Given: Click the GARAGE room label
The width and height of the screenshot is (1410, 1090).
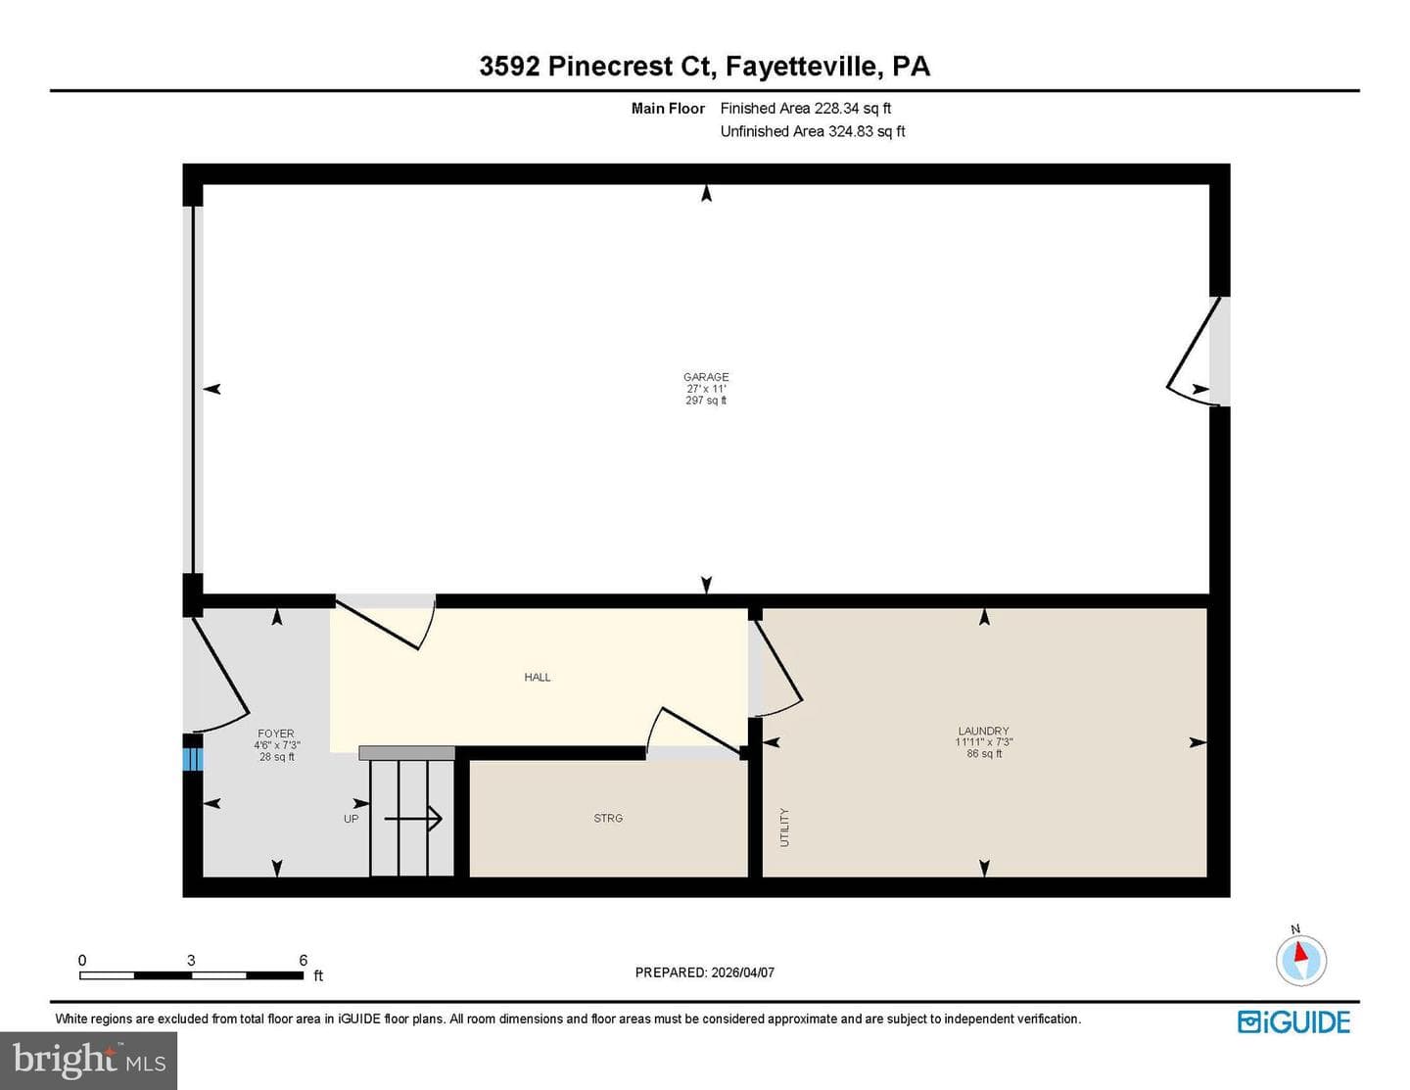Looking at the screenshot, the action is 706,377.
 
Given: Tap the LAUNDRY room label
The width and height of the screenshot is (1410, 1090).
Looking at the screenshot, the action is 984,731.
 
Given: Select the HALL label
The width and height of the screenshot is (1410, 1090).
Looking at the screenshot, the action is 538,678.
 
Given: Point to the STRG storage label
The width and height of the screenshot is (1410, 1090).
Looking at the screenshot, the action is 608,818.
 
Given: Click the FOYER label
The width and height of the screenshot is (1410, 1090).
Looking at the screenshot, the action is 276,734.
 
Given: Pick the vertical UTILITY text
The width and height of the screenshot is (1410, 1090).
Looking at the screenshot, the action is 784,828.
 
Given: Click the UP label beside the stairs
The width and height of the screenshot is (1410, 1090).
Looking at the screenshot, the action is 352,819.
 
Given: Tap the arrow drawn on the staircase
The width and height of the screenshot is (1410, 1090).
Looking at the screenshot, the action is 413,819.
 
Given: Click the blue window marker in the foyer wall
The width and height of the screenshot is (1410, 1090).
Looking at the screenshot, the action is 193,759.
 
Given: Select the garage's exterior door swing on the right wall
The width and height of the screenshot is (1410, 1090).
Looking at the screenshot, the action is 1189,353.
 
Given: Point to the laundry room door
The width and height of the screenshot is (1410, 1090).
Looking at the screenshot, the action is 776,668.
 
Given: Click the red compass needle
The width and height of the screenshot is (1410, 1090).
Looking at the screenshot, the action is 1299,952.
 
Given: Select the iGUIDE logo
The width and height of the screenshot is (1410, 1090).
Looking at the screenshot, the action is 1293,1021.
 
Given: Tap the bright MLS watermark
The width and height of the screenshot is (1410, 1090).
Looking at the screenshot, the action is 89,1060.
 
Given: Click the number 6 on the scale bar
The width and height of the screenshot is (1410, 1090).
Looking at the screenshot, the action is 303,960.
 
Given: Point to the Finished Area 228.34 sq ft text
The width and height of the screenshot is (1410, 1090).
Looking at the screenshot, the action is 805,109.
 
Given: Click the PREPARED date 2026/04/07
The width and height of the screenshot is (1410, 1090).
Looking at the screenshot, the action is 742,972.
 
